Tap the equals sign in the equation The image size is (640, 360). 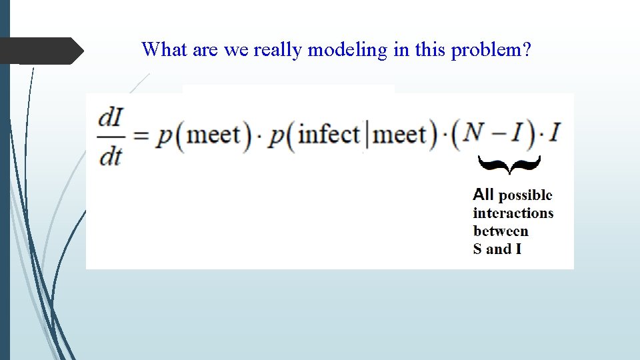tap(141, 136)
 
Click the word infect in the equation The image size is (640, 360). tap(329, 135)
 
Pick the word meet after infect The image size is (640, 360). tap(399, 135)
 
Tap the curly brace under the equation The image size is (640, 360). tap(509, 164)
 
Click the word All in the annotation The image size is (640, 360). tap(483, 195)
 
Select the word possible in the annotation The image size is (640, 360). tap(525, 195)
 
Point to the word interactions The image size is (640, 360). tap(513, 213)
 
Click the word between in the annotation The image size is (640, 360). tap(501, 231)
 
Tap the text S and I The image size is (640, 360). tap(497, 249)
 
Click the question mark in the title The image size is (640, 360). tap(527, 50)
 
